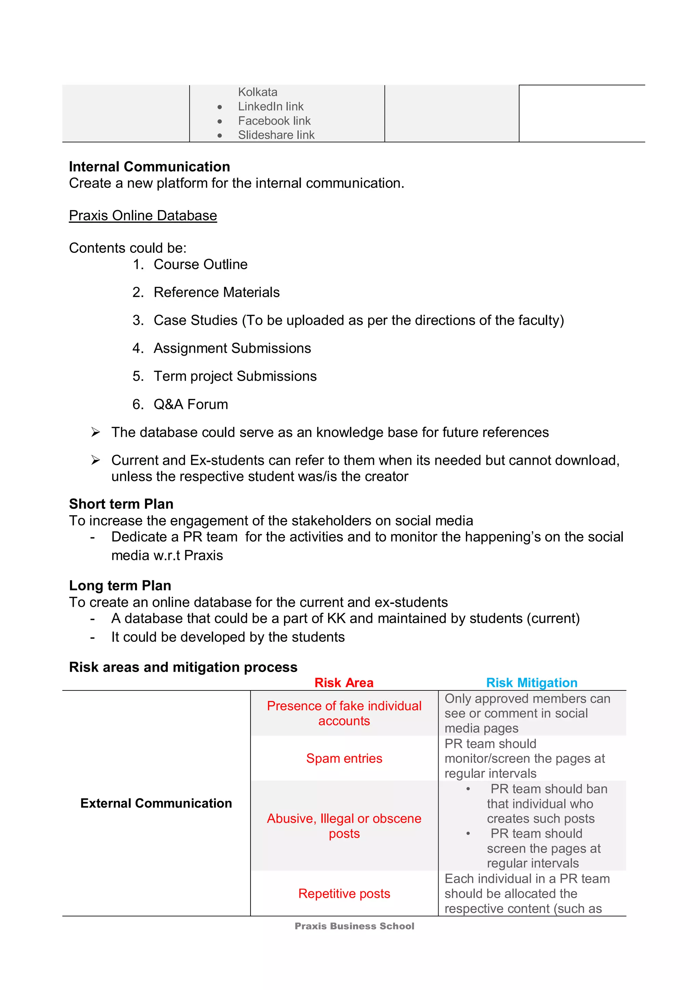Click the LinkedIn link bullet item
click(270, 107)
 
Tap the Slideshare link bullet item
click(276, 135)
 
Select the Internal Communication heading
click(149, 167)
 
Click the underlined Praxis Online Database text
click(143, 216)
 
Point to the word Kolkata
click(257, 92)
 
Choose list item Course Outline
click(200, 264)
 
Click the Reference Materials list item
click(216, 292)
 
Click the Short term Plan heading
click(121, 504)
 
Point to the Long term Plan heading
click(120, 586)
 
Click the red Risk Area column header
click(344, 683)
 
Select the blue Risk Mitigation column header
click(531, 683)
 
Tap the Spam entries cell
click(344, 758)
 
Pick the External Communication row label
click(156, 803)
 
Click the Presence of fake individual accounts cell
click(344, 713)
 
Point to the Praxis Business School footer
click(354, 926)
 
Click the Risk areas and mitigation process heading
click(183, 668)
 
